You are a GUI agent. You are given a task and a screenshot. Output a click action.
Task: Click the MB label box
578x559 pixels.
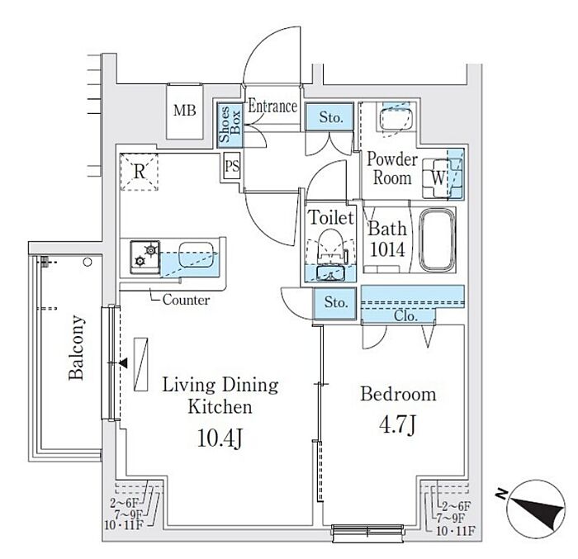pyautogui.click(x=184, y=111)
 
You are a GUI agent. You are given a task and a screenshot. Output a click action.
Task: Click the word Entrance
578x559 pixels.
pyautogui.click(x=272, y=107)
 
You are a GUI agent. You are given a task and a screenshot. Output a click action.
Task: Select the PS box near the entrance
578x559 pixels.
pyautogui.click(x=232, y=166)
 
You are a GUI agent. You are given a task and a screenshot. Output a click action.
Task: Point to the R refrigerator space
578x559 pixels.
pyautogui.click(x=140, y=173)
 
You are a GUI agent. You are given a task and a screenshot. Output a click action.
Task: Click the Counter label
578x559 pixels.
pyautogui.click(x=186, y=300)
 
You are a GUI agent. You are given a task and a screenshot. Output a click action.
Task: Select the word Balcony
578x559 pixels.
pyautogui.click(x=77, y=348)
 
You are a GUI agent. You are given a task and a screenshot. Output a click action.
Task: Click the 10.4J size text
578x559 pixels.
pyautogui.click(x=219, y=438)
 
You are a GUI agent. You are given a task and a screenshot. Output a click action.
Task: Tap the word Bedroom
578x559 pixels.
pyautogui.click(x=398, y=394)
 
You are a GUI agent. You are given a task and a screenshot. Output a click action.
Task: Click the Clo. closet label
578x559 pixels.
pyautogui.click(x=405, y=316)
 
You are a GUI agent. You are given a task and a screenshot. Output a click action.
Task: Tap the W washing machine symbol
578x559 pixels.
pyautogui.click(x=437, y=177)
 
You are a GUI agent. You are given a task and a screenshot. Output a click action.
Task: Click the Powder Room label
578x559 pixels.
pyautogui.click(x=392, y=168)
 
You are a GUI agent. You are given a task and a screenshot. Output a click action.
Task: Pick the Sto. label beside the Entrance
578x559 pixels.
pyautogui.click(x=331, y=117)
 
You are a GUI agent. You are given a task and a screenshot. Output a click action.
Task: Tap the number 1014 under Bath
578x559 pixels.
pyautogui.click(x=386, y=249)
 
